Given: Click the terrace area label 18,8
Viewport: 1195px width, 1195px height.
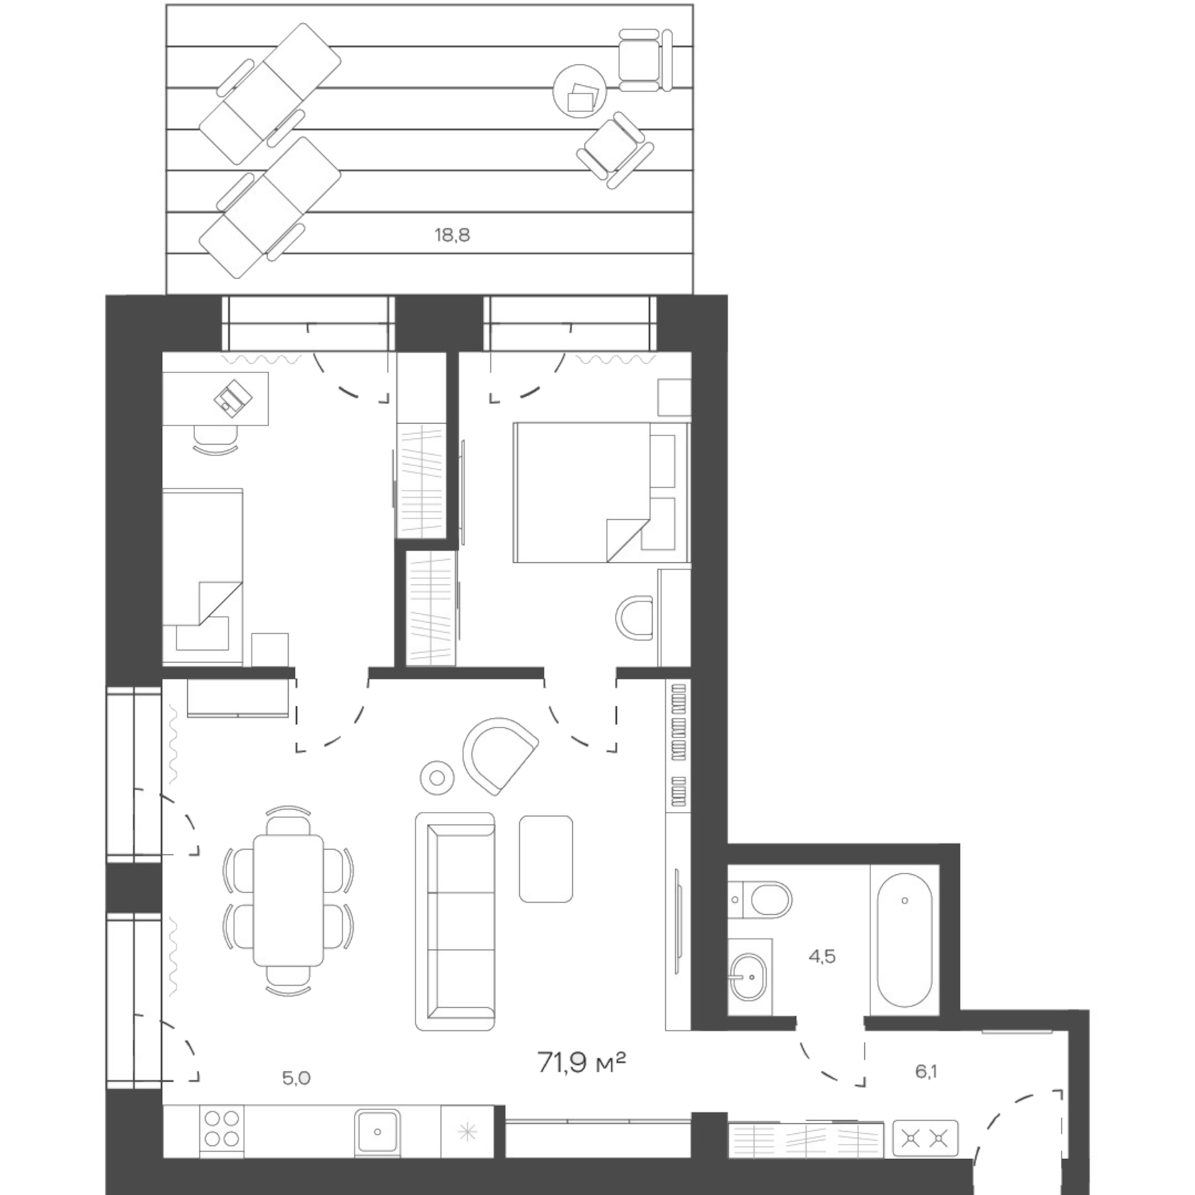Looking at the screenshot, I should click(x=452, y=235).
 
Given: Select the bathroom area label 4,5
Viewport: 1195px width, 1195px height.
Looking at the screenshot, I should click(x=821, y=957).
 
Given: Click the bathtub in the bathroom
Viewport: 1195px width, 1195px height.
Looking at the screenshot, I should click(x=904, y=939).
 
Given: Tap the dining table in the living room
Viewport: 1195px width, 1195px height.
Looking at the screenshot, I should click(x=288, y=900).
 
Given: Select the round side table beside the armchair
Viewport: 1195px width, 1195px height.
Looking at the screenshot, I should click(x=438, y=776).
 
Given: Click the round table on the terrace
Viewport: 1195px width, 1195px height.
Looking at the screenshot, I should click(x=580, y=92).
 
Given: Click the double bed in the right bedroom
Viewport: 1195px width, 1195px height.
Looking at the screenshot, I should click(x=599, y=492).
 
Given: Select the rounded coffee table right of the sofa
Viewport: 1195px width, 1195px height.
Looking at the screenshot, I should click(x=546, y=859).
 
